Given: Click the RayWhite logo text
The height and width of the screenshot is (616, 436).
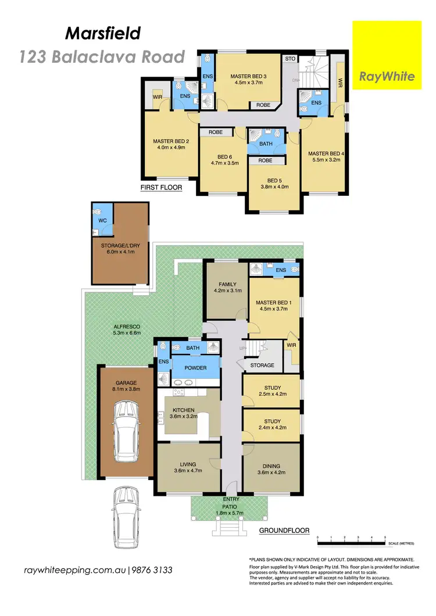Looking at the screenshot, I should [387, 76].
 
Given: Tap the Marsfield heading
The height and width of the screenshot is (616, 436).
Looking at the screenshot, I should [103, 34].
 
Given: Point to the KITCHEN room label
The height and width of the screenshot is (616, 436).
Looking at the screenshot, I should [183, 410].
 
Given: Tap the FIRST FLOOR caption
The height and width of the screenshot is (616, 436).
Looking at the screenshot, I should [161, 188].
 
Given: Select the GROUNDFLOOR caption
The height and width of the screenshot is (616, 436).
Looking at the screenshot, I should [284, 530].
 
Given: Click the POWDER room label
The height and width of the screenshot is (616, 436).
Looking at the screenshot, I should [195, 368].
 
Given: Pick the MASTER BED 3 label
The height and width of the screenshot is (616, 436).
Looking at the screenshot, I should [248, 76].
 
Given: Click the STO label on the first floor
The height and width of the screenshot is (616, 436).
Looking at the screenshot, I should [289, 59].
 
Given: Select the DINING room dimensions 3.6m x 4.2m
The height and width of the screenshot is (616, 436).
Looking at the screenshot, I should [271, 472].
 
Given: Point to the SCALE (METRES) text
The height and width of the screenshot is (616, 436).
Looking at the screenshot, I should [401, 543].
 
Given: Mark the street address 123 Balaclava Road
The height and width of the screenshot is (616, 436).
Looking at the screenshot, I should [102, 56].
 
